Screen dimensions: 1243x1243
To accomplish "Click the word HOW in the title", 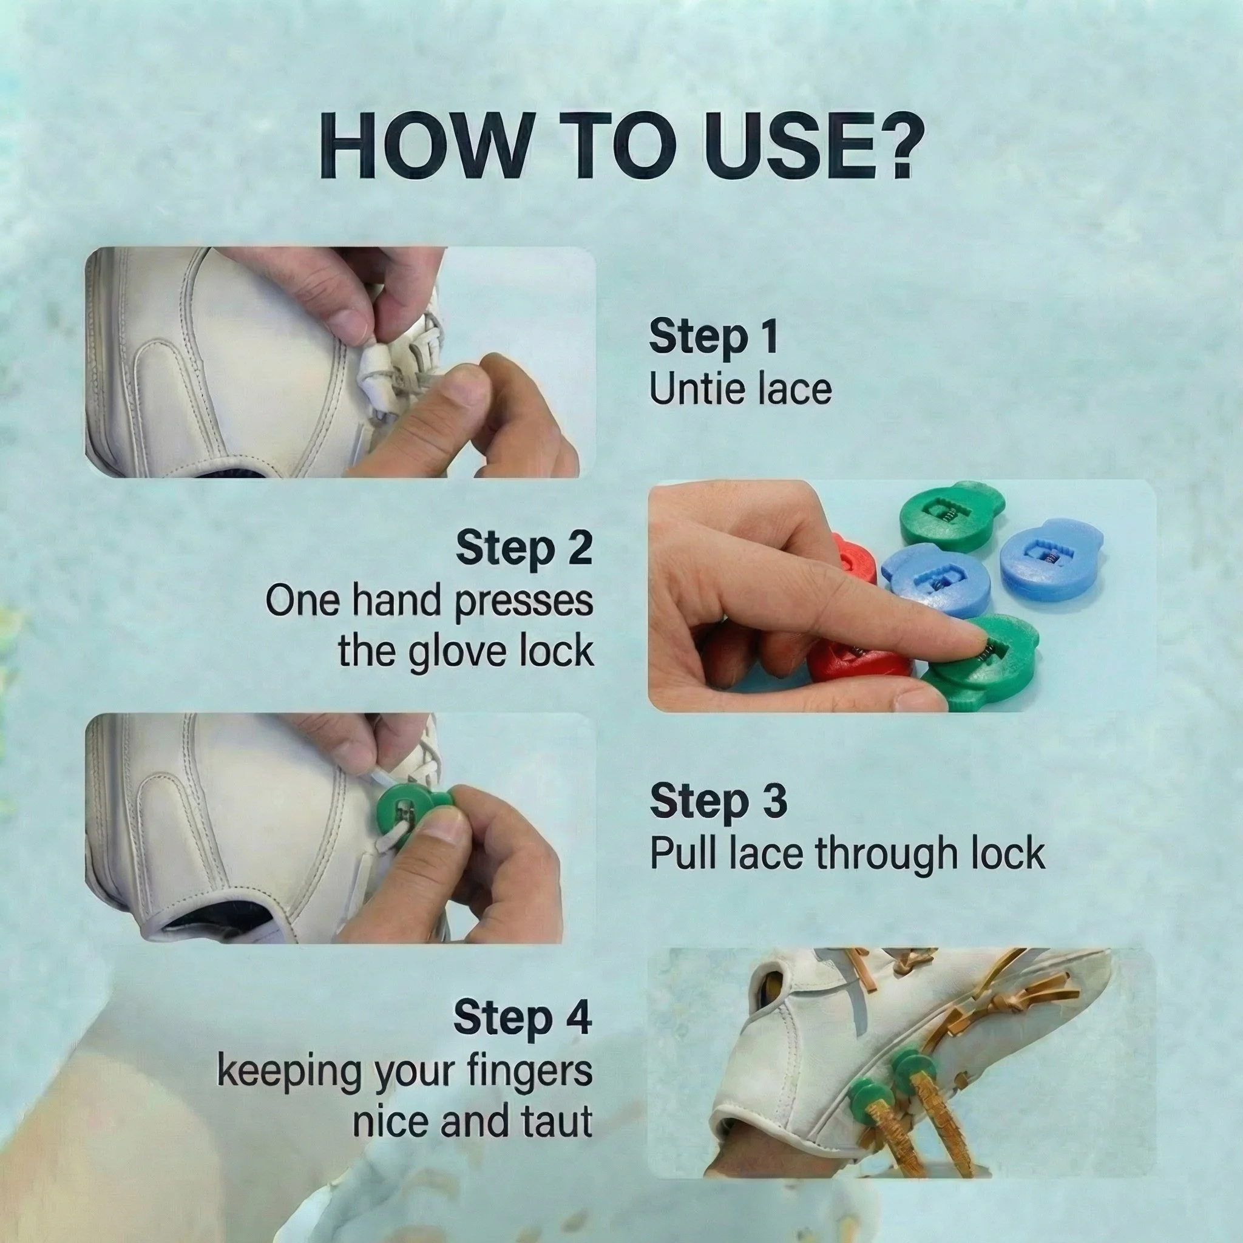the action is [x=425, y=147].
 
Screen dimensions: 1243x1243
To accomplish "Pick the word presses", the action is [x=524, y=602].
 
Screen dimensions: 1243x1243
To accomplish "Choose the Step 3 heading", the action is [x=718, y=801].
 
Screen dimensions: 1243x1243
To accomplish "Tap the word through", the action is [x=878, y=854].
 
